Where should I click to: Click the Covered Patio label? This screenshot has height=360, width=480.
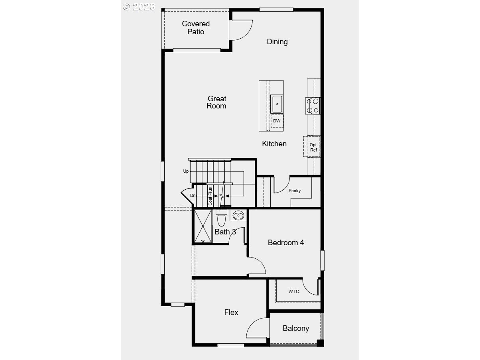point(196,28)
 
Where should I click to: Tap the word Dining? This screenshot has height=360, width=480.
point(277,42)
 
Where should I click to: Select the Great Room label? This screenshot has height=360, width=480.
point(216,102)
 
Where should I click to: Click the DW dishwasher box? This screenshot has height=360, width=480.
point(277,121)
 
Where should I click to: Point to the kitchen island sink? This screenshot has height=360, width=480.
point(277,104)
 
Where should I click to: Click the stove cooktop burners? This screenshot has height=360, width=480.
point(313,106)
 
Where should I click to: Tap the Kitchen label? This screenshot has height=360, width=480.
point(274,144)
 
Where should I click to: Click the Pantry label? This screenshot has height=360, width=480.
point(295,191)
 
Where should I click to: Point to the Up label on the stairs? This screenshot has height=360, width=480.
point(186,171)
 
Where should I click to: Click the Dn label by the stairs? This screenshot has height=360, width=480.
point(193,195)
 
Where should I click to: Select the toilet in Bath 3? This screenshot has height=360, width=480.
point(221,219)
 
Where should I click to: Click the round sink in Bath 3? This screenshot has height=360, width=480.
point(238,216)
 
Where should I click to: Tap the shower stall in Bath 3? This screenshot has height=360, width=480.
point(203,226)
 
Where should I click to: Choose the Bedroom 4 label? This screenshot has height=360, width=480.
point(286,242)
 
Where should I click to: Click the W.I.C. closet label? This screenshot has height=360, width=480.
point(294,291)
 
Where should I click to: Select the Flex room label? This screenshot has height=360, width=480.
point(231,312)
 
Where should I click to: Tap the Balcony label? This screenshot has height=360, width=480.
point(296,329)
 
